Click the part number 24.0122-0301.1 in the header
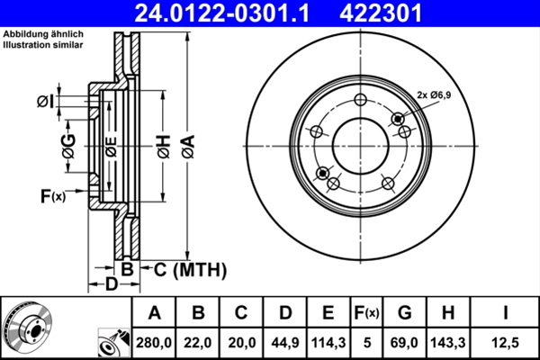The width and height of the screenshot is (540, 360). point(235,13)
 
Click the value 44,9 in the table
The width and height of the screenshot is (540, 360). point(285,342)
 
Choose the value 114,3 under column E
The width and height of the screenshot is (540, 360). point(328,342)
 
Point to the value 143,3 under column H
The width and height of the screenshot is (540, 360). point(448,342)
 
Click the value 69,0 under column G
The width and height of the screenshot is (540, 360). point(406,342)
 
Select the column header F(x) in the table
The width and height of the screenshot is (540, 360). point(366,313)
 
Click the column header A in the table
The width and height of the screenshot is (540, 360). point(154,313)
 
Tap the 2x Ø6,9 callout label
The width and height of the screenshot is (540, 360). point(440,94)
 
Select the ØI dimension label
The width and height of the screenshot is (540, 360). point(44,103)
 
